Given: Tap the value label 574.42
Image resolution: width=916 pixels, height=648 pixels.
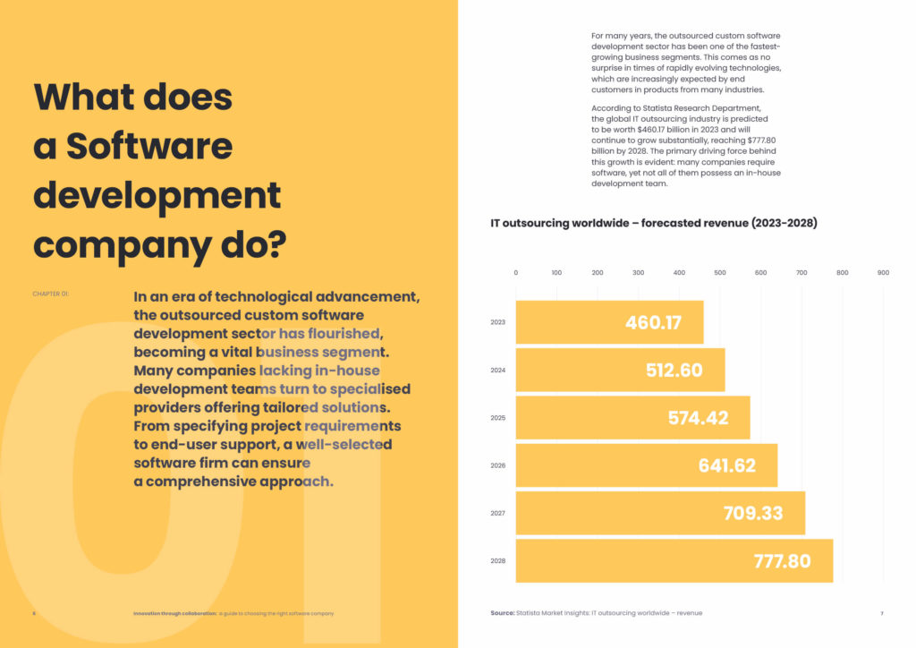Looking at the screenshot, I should (x=698, y=418).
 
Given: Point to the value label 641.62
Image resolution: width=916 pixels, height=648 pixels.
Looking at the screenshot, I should (x=726, y=465).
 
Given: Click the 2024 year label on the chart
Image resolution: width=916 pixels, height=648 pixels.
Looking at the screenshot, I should (x=498, y=370).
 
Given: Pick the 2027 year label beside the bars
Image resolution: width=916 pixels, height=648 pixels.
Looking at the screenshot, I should (x=498, y=514).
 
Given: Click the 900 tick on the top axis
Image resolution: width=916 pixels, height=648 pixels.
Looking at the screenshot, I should (x=883, y=272).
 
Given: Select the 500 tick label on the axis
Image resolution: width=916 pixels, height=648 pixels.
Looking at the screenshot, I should (x=720, y=272).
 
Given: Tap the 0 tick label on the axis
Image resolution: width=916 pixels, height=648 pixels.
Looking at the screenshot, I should (x=516, y=272).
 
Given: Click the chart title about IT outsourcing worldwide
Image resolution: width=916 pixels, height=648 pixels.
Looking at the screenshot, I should (x=653, y=223).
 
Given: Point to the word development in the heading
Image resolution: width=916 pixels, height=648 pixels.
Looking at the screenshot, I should (x=157, y=194).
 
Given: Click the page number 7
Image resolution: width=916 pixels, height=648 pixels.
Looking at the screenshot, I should (x=881, y=613).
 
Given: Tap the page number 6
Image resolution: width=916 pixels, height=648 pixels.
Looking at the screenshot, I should (x=34, y=613).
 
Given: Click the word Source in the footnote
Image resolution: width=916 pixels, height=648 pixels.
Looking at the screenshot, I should (x=501, y=613).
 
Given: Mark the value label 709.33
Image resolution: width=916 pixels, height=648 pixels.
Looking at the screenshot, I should (x=753, y=513).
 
